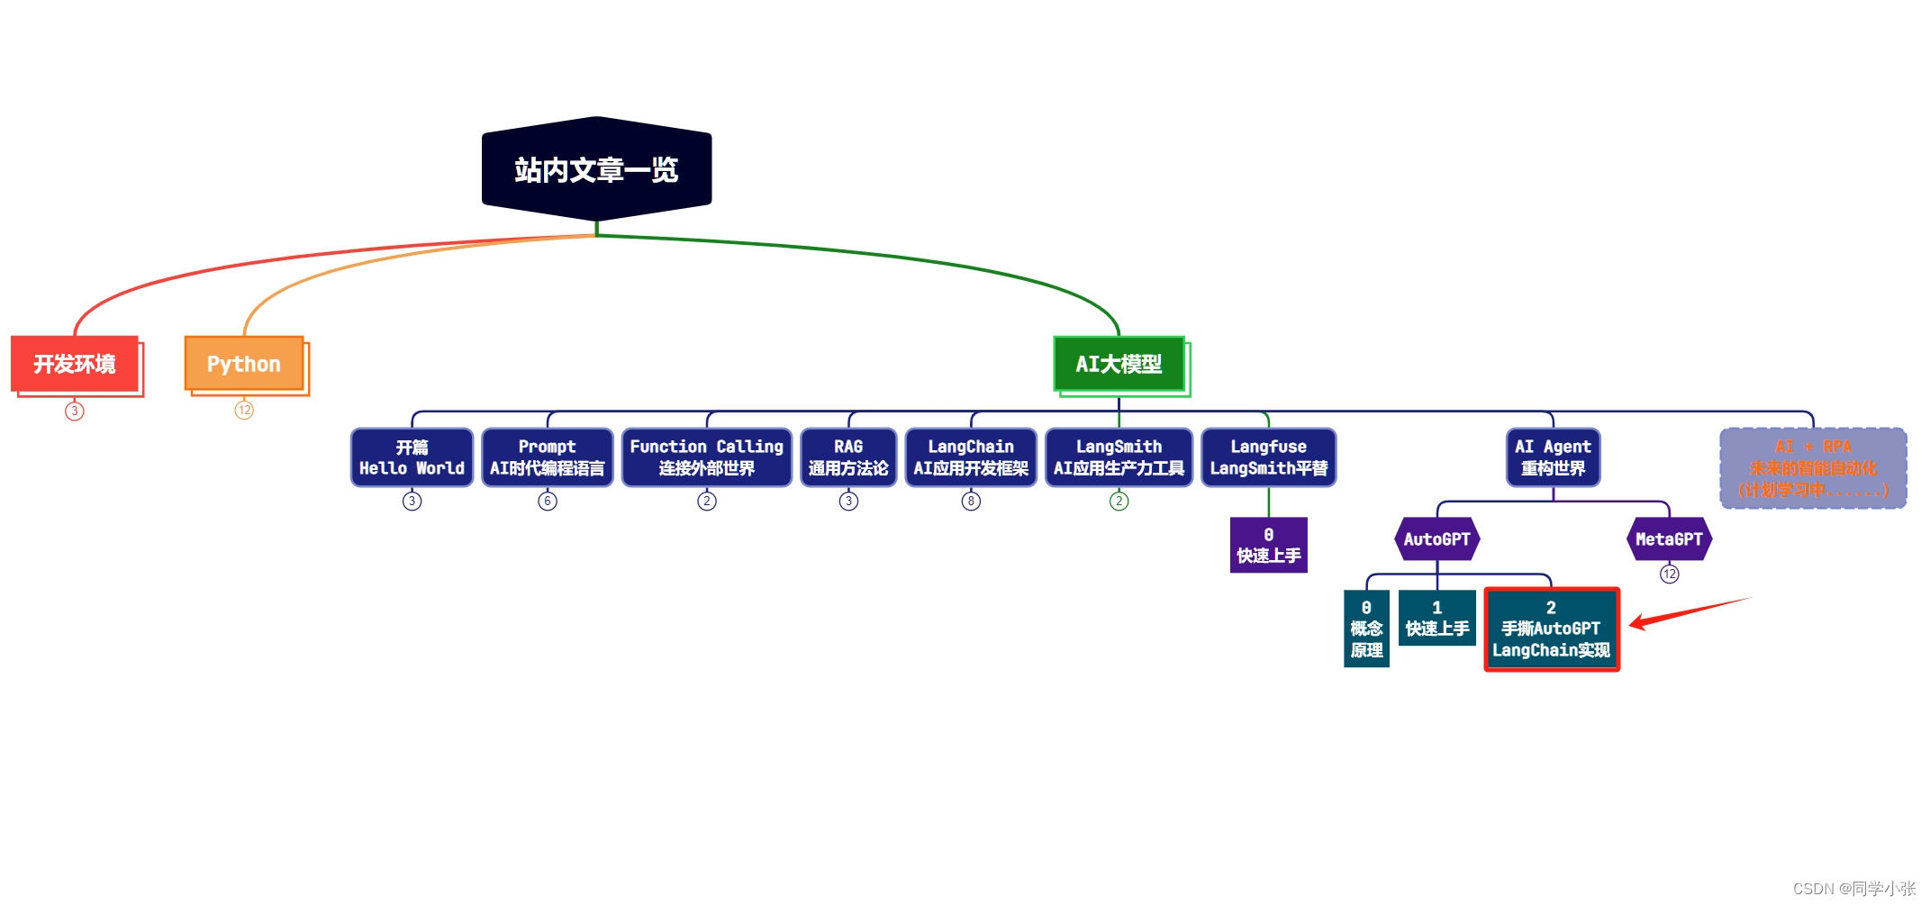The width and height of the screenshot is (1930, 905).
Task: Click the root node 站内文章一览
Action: pos(596,169)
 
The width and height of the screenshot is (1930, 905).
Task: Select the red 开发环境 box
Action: pos(76,364)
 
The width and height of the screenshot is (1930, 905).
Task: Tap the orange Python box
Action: pos(244,364)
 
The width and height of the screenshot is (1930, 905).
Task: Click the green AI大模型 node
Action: pos(1119,364)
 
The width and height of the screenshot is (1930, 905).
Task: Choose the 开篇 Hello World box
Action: pos(412,457)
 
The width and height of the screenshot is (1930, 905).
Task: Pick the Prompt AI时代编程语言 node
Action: pos(547,457)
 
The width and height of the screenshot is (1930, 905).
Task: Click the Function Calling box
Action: pos(706,457)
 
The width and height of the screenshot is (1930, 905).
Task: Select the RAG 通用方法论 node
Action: pos(847,457)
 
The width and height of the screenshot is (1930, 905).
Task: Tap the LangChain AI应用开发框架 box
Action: pos(971,457)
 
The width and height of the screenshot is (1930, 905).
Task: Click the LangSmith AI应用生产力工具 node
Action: pos(1119,457)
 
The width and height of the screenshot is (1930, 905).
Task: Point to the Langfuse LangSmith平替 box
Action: pos(1268,457)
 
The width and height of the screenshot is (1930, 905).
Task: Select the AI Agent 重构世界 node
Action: pos(1553,457)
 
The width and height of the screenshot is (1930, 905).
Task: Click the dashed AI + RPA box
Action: pos(1813,468)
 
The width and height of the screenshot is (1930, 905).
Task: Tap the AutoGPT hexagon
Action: pos(1436,539)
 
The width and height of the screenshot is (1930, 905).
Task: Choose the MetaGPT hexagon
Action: pos(1669,539)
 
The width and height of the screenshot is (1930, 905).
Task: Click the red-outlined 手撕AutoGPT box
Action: pos(1551,629)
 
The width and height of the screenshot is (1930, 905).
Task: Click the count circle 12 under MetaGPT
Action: pos(1670,575)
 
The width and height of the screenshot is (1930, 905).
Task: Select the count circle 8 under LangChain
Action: pos(971,502)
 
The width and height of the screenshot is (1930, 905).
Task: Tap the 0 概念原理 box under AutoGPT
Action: pos(1366,629)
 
